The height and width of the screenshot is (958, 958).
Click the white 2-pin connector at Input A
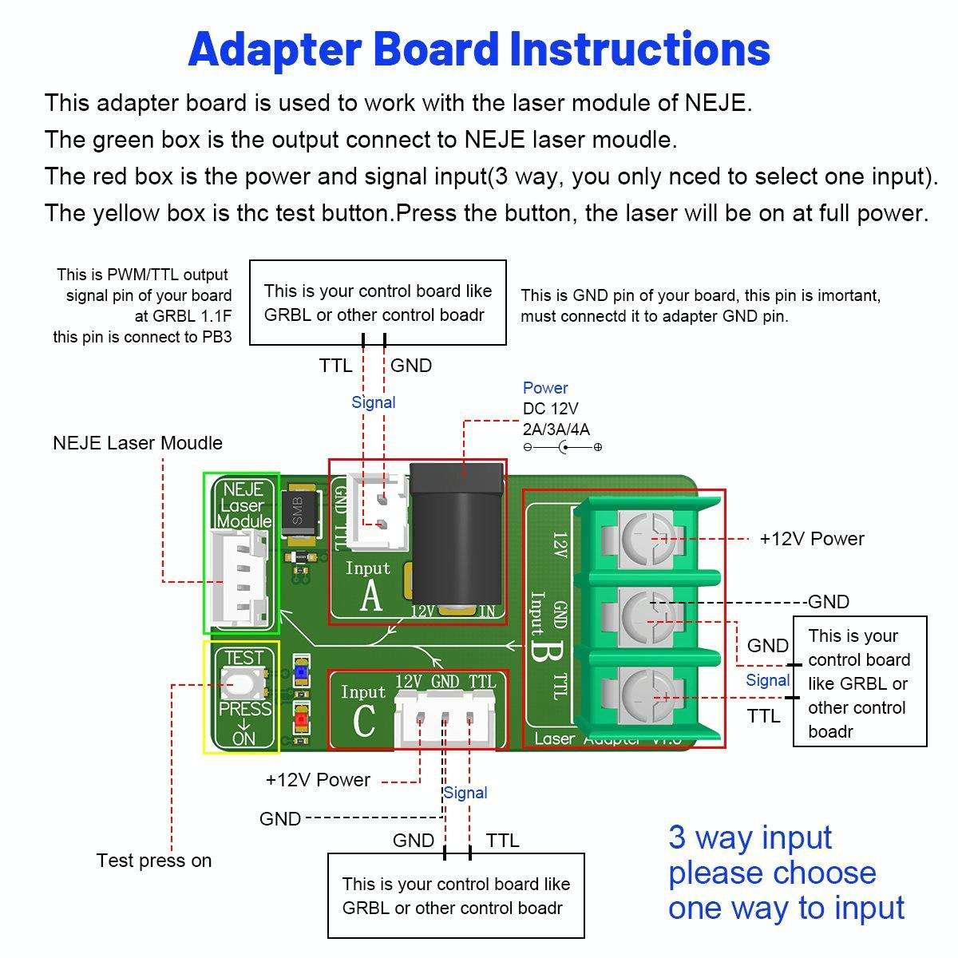tap(381, 512)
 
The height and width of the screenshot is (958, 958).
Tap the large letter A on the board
tap(371, 596)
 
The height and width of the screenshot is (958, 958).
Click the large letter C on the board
tap(363, 721)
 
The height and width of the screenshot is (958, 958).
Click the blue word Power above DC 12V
tap(545, 388)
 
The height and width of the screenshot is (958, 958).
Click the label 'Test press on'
tap(154, 861)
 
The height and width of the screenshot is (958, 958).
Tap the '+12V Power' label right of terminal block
tap(811, 539)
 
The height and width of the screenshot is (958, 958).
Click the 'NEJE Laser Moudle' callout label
tap(137, 443)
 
